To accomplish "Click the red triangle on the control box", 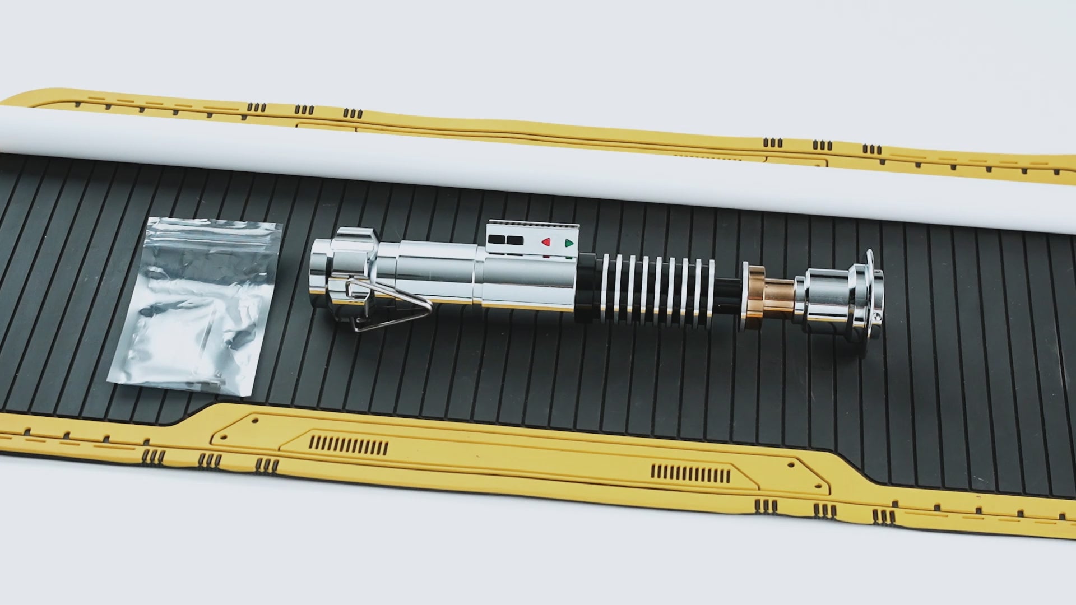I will click(x=545, y=242).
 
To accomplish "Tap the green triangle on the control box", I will click(x=569, y=243).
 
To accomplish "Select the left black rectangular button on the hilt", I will click(x=496, y=240).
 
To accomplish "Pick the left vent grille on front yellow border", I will click(x=348, y=445).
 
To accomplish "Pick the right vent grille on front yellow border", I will click(x=690, y=474).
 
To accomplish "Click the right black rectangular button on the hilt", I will click(x=515, y=240).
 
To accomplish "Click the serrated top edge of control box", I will click(x=532, y=224).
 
